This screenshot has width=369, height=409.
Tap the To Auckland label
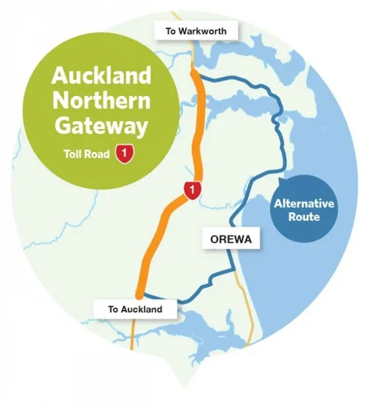tap(134, 309)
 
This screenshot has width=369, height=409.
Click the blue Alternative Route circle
tap(303, 211)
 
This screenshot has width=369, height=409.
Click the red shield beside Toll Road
tap(128, 155)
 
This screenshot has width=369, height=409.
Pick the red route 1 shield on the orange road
tap(192, 190)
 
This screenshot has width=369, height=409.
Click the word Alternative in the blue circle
tap(303, 204)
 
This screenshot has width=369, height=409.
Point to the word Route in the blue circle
tap(303, 219)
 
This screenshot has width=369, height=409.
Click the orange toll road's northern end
tap(193, 68)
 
